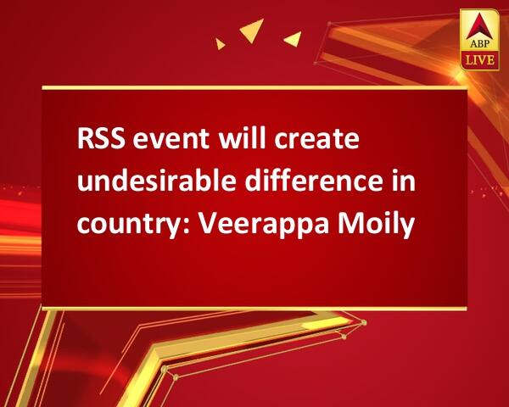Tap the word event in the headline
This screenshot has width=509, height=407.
click(x=171, y=140)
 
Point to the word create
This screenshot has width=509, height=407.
click(x=316, y=140)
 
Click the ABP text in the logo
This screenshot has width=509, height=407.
click(x=479, y=43)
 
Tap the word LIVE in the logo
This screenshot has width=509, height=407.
click(x=480, y=60)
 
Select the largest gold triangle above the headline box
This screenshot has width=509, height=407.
click(x=253, y=30)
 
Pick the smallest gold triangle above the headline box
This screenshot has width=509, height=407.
click(x=220, y=44)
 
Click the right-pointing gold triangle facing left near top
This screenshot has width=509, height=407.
click(x=294, y=39)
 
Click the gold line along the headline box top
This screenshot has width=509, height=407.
click(x=255, y=87)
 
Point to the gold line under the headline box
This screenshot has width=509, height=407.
click(x=255, y=309)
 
